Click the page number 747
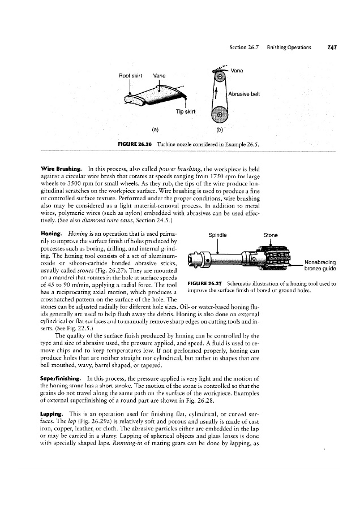tap(332, 48)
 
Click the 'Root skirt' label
tap(129, 75)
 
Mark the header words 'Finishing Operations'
tap(289, 48)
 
